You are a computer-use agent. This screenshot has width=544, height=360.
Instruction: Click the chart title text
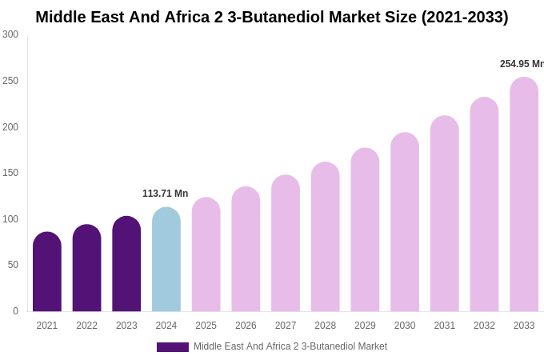tap(271, 17)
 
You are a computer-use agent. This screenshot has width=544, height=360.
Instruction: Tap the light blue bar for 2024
tap(166, 260)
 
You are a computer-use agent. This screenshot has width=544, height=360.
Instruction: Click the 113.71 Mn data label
tap(165, 194)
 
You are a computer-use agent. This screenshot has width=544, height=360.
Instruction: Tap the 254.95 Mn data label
tap(521, 64)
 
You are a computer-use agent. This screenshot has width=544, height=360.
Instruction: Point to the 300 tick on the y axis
tap(10, 34)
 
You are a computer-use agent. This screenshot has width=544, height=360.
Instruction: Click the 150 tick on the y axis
tap(10, 173)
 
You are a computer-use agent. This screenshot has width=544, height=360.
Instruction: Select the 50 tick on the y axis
tap(13, 265)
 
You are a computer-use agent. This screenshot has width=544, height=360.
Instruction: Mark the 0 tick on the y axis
tap(15, 311)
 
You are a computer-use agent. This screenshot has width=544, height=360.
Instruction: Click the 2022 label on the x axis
tap(86, 326)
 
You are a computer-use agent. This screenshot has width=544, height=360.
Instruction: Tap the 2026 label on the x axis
tap(246, 326)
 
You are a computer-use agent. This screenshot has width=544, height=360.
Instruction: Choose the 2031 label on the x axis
tap(445, 326)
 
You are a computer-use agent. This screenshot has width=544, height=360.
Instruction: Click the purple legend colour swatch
tap(173, 347)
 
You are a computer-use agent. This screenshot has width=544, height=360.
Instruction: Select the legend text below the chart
tap(290, 346)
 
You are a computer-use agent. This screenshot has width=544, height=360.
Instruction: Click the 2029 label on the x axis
tap(365, 326)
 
